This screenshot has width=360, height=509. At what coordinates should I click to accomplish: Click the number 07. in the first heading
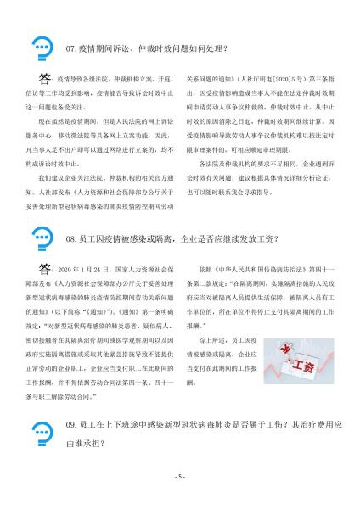(72, 48)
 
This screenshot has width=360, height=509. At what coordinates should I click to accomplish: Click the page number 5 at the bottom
(180, 477)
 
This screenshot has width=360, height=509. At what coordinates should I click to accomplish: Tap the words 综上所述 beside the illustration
(211, 338)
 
